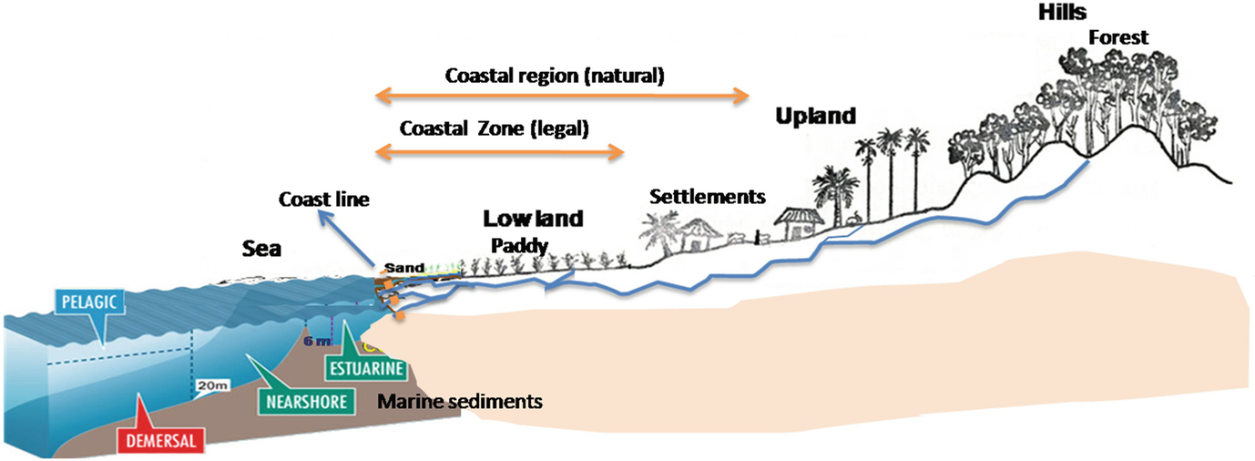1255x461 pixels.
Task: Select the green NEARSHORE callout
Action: (x=305, y=402)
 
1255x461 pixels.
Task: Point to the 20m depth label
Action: (x=212, y=386)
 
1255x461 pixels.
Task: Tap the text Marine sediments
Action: (x=460, y=400)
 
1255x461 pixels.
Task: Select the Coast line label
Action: (x=324, y=200)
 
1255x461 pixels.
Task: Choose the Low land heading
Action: (x=533, y=220)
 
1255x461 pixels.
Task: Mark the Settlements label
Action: (x=708, y=196)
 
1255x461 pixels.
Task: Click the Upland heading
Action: (x=816, y=116)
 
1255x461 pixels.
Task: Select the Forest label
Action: (x=1118, y=37)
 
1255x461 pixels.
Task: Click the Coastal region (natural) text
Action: (x=555, y=76)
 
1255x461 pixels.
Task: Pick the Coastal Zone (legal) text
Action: (x=495, y=128)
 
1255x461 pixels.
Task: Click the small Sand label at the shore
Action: (x=399, y=268)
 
